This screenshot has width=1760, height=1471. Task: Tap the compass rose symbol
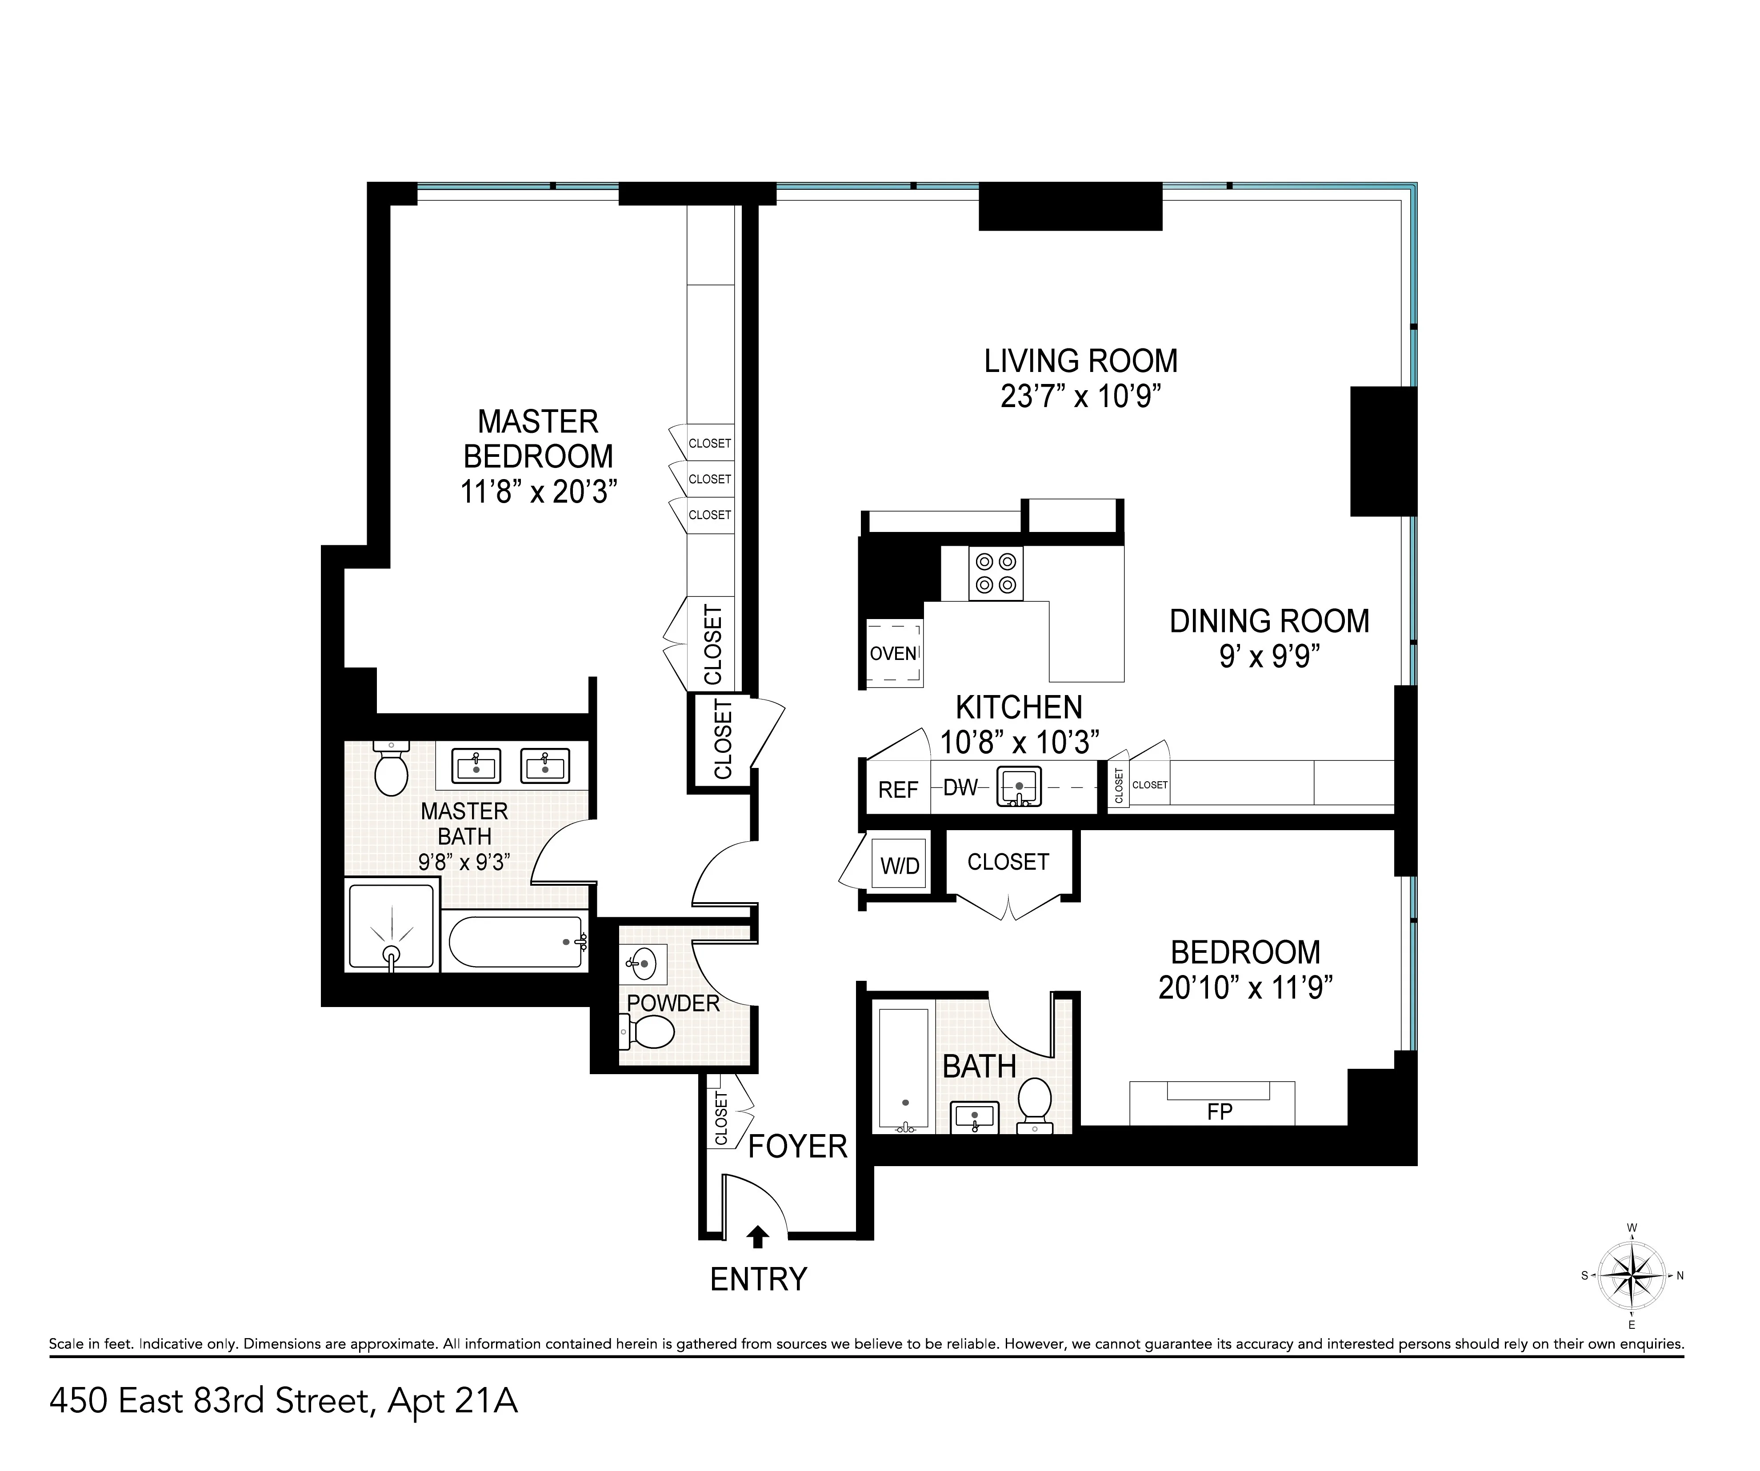point(1631,1276)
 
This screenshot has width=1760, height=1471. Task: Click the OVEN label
point(892,654)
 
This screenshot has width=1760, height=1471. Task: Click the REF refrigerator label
point(898,790)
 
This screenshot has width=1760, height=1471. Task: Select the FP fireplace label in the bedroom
point(1220,1111)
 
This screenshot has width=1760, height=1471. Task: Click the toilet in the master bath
point(391,769)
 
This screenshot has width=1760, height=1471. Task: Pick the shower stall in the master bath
point(392,926)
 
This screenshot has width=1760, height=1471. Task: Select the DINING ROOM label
point(1269,621)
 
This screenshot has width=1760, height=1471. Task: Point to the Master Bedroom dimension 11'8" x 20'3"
point(538,492)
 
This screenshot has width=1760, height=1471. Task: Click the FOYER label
point(797,1147)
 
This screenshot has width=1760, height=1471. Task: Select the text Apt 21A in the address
point(452,1401)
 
